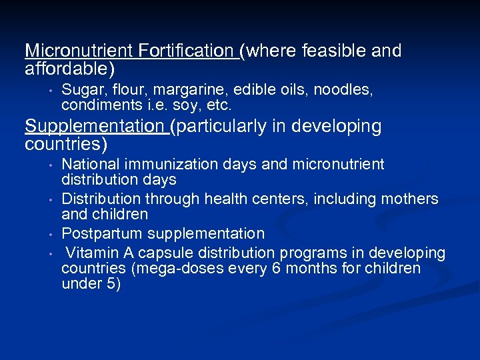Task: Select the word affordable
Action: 67,68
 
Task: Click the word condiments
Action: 100,105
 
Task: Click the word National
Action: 89,164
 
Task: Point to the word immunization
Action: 168,164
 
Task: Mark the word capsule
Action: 153,253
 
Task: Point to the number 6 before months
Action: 275,269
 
